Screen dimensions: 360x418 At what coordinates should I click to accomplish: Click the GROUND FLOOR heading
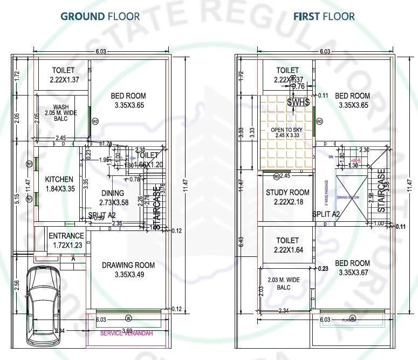[100, 16]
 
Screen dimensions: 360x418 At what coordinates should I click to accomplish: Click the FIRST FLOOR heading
[324, 16]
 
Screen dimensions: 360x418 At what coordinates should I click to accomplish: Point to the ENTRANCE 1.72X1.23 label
[66, 240]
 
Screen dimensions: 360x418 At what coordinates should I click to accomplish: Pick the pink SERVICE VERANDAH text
[127, 333]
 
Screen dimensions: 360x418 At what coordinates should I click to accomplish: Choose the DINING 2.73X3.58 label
[112, 198]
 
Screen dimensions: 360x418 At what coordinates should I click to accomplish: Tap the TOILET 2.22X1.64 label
[287, 244]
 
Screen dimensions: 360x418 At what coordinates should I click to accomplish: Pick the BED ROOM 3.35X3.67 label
[352, 268]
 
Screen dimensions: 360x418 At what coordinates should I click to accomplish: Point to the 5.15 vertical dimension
[18, 199]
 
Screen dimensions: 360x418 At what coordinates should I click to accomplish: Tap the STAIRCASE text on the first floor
[382, 191]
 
